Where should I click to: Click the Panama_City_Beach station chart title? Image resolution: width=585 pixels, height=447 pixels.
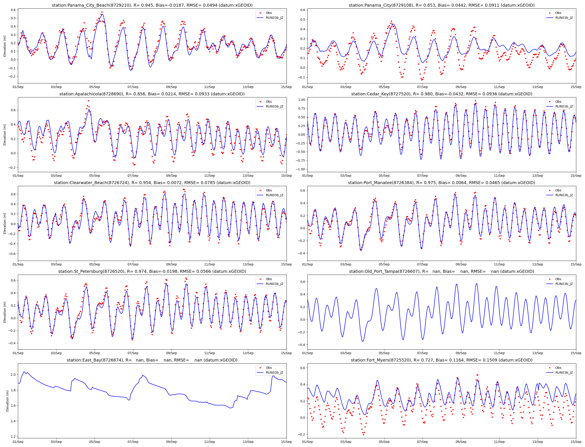coord(152,5)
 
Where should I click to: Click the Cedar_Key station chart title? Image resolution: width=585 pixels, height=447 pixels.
coord(441,94)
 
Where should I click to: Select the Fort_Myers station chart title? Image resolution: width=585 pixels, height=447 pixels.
coord(441,360)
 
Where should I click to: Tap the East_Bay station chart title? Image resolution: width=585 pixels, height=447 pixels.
coord(152,360)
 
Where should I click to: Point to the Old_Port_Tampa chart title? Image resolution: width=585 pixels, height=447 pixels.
coord(441,271)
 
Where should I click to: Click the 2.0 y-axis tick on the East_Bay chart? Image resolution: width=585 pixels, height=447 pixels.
coord(13,375)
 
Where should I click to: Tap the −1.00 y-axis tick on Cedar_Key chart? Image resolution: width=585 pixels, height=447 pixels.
coord(301,169)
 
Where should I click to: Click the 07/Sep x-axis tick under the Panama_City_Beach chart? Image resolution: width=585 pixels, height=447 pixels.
coord(133,87)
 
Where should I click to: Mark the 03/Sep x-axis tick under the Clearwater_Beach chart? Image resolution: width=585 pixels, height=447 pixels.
coord(56,265)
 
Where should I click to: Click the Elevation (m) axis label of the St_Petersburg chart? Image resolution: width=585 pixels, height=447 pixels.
coord(5,312)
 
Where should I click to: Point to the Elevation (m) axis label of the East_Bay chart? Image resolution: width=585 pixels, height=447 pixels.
coord(7,401)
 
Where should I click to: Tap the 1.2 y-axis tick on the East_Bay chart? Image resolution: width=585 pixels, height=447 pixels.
coord(13,437)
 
